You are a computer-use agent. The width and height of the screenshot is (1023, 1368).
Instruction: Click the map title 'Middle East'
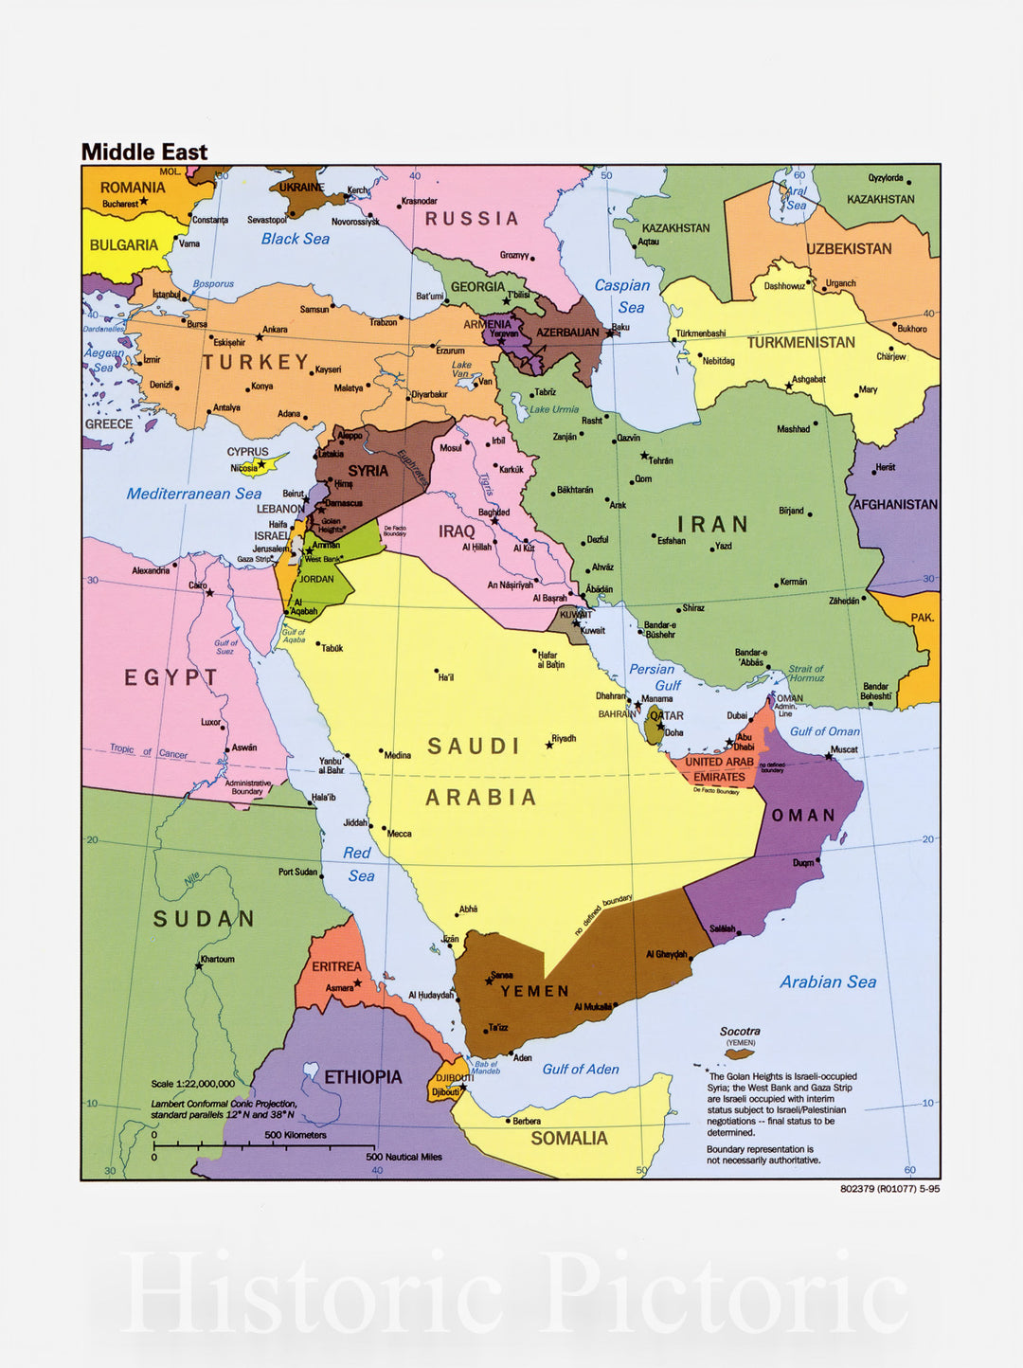click(x=144, y=152)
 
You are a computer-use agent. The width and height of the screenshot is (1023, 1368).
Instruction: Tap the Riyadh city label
click(x=564, y=738)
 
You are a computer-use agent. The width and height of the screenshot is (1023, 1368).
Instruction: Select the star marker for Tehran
click(x=645, y=456)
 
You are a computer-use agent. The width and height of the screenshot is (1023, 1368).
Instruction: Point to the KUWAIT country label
click(x=575, y=615)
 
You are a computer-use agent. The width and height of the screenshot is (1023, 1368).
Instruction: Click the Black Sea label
click(x=295, y=239)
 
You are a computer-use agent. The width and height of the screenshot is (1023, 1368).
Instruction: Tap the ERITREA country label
click(x=336, y=966)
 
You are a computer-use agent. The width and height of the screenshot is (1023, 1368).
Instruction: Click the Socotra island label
click(x=740, y=1031)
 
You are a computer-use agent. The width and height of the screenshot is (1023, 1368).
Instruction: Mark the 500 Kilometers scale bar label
click(x=295, y=1135)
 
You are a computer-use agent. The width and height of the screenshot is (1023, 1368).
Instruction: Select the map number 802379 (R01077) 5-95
click(x=889, y=1189)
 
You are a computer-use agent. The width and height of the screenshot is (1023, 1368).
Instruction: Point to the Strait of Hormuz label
click(x=806, y=674)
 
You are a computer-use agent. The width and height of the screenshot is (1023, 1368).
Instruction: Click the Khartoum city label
click(x=217, y=959)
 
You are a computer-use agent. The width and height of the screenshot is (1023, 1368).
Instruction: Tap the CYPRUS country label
click(x=247, y=452)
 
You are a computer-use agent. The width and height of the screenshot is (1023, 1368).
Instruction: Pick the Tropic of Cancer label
click(x=148, y=751)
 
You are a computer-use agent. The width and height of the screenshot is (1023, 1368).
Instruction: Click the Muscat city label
click(x=844, y=749)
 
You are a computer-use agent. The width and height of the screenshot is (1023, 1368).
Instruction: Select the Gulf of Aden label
click(x=580, y=1069)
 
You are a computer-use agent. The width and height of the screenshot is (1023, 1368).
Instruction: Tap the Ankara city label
click(x=275, y=330)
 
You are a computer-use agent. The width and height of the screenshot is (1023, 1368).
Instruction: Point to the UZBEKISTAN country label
click(x=849, y=249)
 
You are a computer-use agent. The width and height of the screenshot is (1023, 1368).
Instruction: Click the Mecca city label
click(x=399, y=834)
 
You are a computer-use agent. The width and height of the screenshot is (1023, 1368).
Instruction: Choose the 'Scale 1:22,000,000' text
click(x=192, y=1084)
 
